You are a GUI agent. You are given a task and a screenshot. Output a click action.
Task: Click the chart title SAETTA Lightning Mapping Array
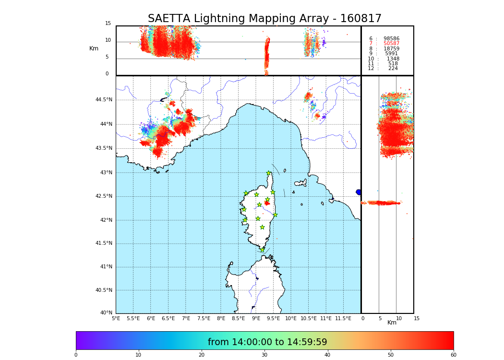pos(264,19)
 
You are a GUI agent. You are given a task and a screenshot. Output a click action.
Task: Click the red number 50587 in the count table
pos(391,44)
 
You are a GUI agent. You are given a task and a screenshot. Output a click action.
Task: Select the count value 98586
pos(391,39)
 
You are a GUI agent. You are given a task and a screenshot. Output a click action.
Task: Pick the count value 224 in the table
pos(393,69)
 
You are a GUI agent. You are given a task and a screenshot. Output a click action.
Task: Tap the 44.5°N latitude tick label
pos(104,100)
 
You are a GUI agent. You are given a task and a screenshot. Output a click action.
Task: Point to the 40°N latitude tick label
pos(106,313)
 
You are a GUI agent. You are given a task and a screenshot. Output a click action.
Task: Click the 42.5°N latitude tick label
pos(104,196)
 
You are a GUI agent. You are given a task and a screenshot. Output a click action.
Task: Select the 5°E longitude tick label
pos(116,318)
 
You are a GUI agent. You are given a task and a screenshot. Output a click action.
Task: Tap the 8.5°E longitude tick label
pos(239,318)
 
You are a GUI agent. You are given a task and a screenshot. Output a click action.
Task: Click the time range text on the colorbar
pos(267,342)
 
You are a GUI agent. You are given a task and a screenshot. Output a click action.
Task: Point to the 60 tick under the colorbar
pos(453,355)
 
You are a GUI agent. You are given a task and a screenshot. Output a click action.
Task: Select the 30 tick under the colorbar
pos(264,355)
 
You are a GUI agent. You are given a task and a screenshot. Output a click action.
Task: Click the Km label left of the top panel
pos(94,48)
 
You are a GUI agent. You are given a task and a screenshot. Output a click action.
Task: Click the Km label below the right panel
pos(392,323)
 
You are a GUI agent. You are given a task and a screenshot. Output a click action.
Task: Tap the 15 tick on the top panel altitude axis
pos(108,24)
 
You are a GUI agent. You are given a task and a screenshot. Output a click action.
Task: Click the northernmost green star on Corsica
pos(269,173)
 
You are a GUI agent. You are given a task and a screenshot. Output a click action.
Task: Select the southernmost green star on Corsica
pos(262,250)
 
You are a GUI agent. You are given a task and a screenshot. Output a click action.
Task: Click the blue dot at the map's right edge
pos(359,192)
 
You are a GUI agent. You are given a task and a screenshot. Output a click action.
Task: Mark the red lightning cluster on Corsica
pos(267,203)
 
